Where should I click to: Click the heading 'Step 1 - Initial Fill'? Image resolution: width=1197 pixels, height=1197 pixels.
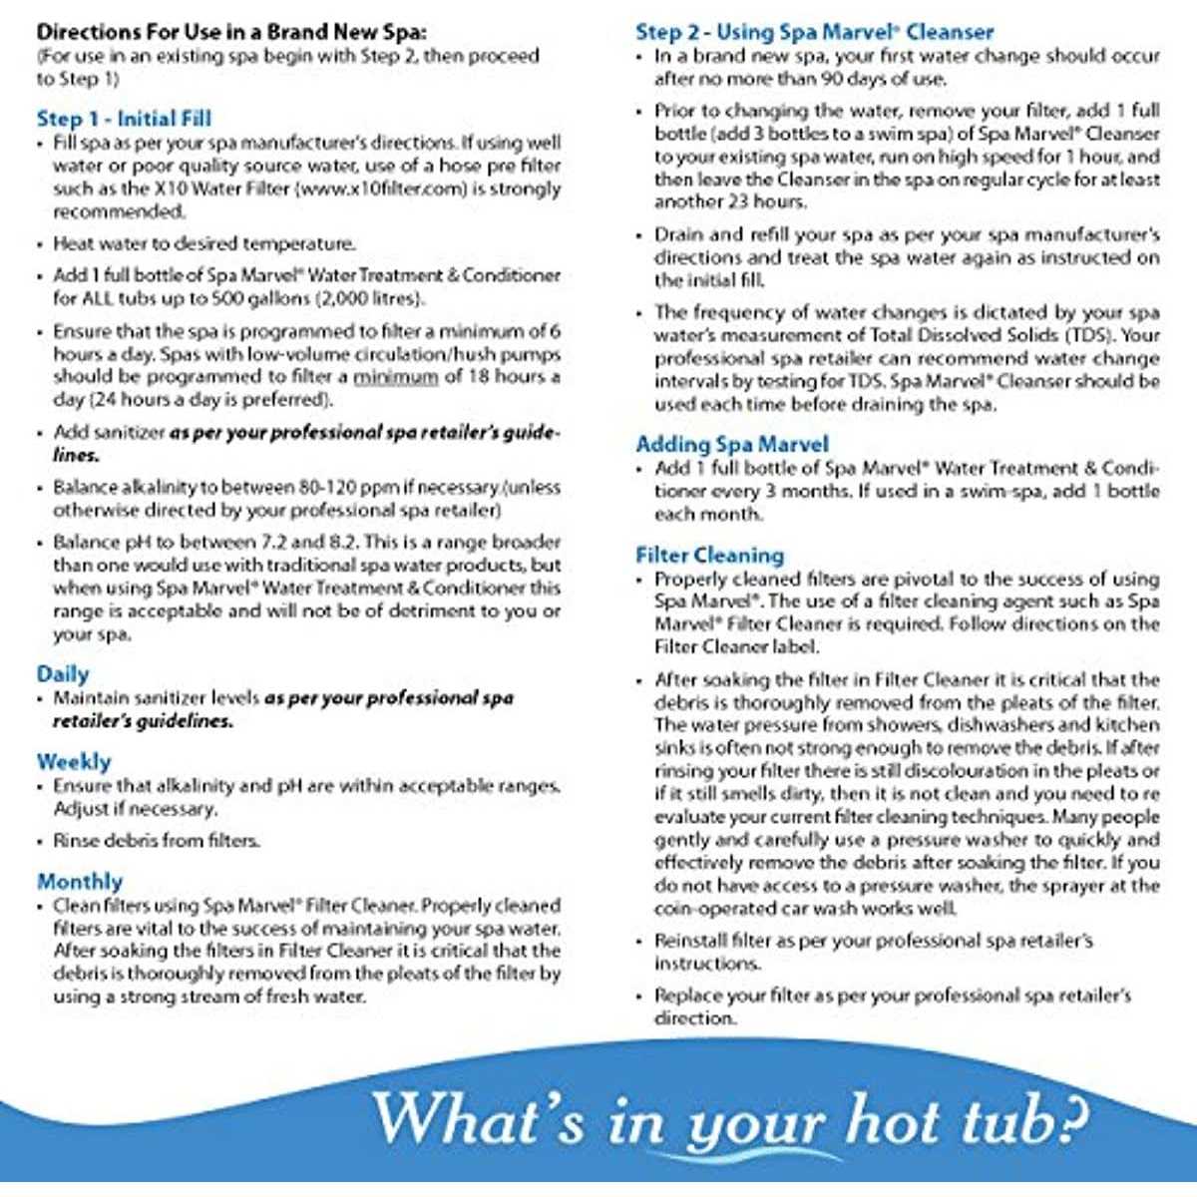tap(124, 119)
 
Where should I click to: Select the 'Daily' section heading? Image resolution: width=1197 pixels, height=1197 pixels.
tap(63, 674)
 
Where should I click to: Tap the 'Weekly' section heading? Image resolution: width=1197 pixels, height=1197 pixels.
tap(74, 762)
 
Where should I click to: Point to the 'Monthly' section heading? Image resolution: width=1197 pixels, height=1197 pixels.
tap(80, 882)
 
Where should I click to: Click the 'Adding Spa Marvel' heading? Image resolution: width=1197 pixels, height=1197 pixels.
tap(732, 444)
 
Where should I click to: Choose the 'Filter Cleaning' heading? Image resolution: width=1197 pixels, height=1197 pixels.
tap(710, 555)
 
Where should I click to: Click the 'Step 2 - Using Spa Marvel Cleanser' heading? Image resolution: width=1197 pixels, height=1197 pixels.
tap(814, 32)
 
